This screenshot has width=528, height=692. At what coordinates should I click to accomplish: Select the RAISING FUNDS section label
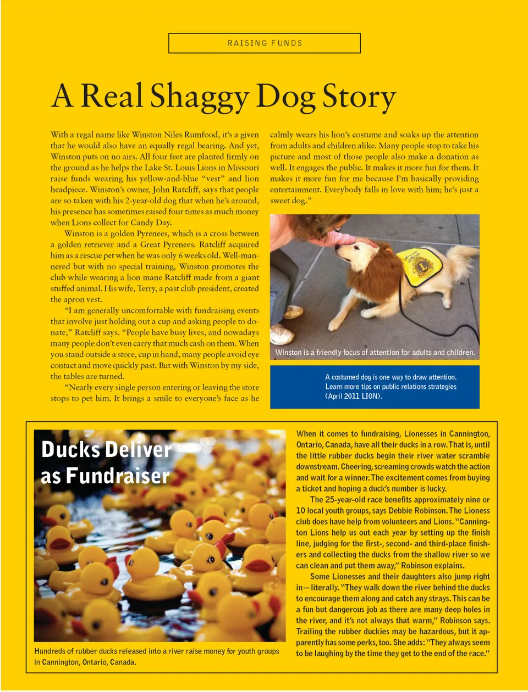point(265,43)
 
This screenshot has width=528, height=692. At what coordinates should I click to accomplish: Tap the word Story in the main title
point(359,97)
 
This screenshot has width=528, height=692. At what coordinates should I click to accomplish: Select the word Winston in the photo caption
point(289,353)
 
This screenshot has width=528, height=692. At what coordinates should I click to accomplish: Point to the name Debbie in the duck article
point(400,511)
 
